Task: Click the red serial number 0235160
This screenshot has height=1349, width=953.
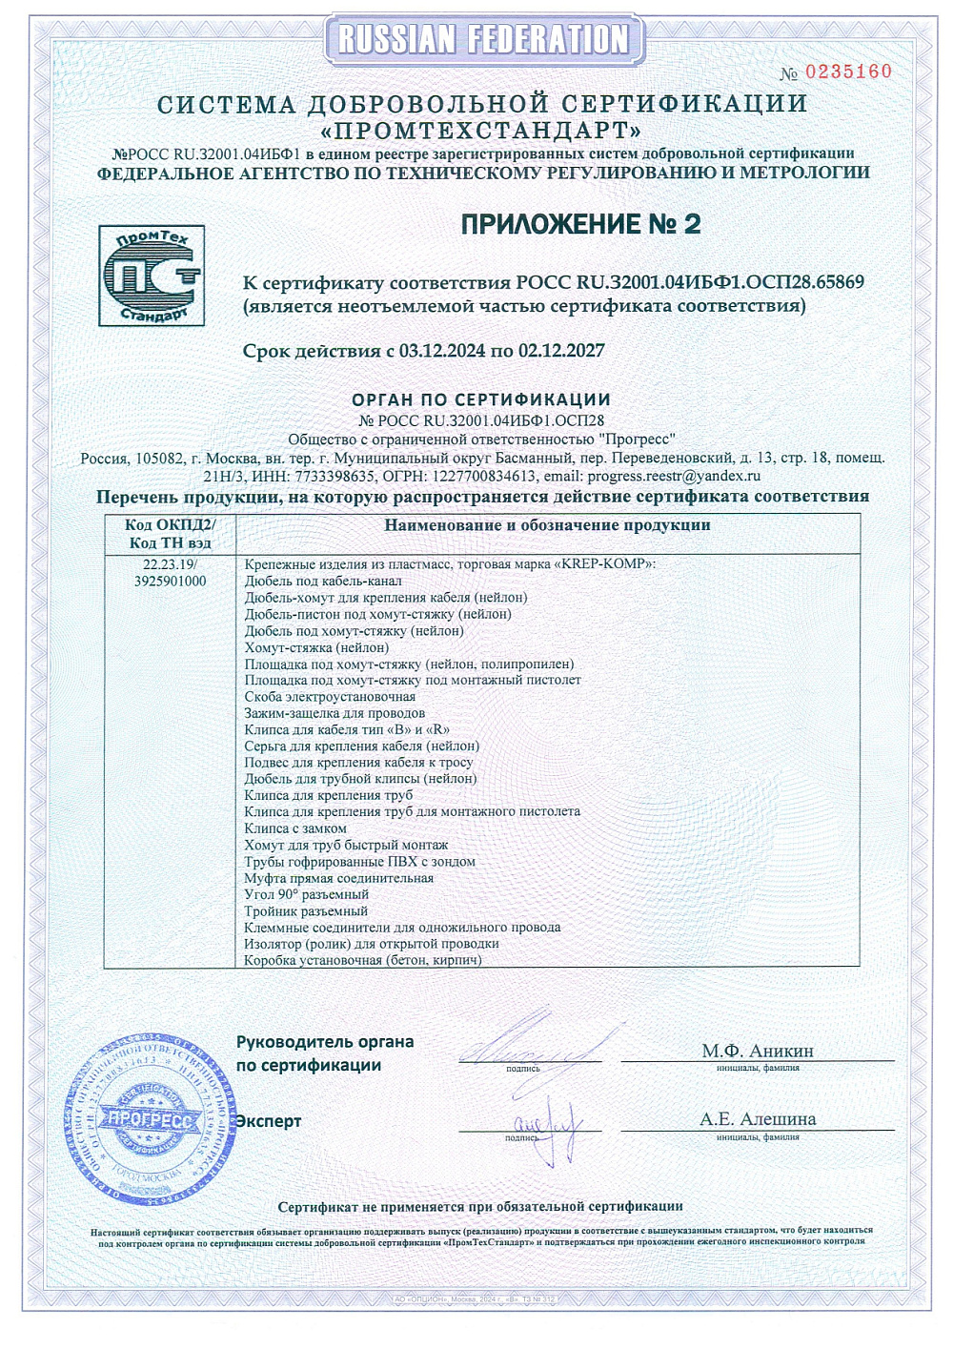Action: click(848, 72)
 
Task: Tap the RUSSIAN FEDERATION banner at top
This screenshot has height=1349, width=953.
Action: click(484, 39)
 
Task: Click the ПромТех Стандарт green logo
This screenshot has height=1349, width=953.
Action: click(152, 276)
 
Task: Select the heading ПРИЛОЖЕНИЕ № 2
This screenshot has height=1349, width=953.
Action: click(580, 224)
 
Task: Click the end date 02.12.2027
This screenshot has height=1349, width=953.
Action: click(561, 351)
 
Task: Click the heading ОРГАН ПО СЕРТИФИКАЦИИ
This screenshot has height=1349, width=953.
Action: click(481, 399)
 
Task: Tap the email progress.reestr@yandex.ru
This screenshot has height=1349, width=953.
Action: click(674, 476)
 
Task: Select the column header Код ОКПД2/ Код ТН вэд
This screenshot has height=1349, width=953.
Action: click(171, 534)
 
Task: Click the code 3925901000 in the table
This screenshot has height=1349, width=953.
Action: click(171, 581)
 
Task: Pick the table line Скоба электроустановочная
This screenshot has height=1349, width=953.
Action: click(330, 697)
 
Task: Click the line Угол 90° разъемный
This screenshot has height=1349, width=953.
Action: click(306, 894)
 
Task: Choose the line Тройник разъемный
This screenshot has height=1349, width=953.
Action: click(306, 910)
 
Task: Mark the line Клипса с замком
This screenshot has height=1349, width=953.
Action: click(295, 828)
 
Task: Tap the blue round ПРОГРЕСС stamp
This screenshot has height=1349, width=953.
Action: click(150, 1118)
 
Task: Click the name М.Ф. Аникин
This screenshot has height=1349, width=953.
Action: click(758, 1051)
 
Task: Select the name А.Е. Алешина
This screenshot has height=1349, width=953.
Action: click(758, 1119)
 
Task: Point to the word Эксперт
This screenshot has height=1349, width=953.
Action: click(269, 1121)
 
